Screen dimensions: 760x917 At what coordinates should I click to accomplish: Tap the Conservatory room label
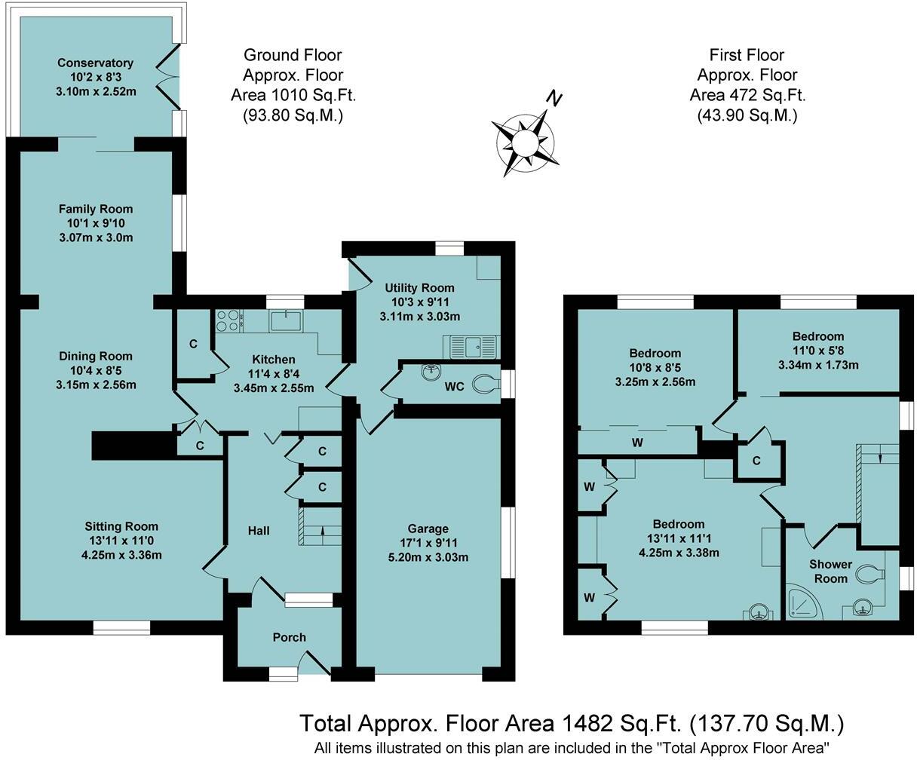pyautogui.click(x=95, y=63)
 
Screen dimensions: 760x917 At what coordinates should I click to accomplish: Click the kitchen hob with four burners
pyautogui.click(x=227, y=321)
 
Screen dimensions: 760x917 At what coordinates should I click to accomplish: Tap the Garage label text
pyautogui.click(x=428, y=529)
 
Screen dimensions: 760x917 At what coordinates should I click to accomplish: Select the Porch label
pyautogui.click(x=289, y=637)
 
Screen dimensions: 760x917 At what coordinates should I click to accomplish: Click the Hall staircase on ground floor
pyautogui.click(x=320, y=526)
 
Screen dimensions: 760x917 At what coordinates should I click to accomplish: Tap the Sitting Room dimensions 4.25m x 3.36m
pyautogui.click(x=121, y=555)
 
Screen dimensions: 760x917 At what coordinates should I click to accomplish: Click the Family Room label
pyautogui.click(x=95, y=209)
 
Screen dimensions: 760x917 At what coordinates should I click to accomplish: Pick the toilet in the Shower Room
pyautogui.click(x=876, y=575)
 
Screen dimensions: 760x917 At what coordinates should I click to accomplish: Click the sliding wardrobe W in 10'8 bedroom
pyautogui.click(x=637, y=442)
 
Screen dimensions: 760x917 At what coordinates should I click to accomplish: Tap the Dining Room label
pyautogui.click(x=95, y=356)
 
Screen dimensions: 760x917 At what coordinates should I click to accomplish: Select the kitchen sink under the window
pyautogui.click(x=287, y=321)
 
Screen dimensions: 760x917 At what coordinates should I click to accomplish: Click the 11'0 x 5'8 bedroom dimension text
pyautogui.click(x=817, y=351)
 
